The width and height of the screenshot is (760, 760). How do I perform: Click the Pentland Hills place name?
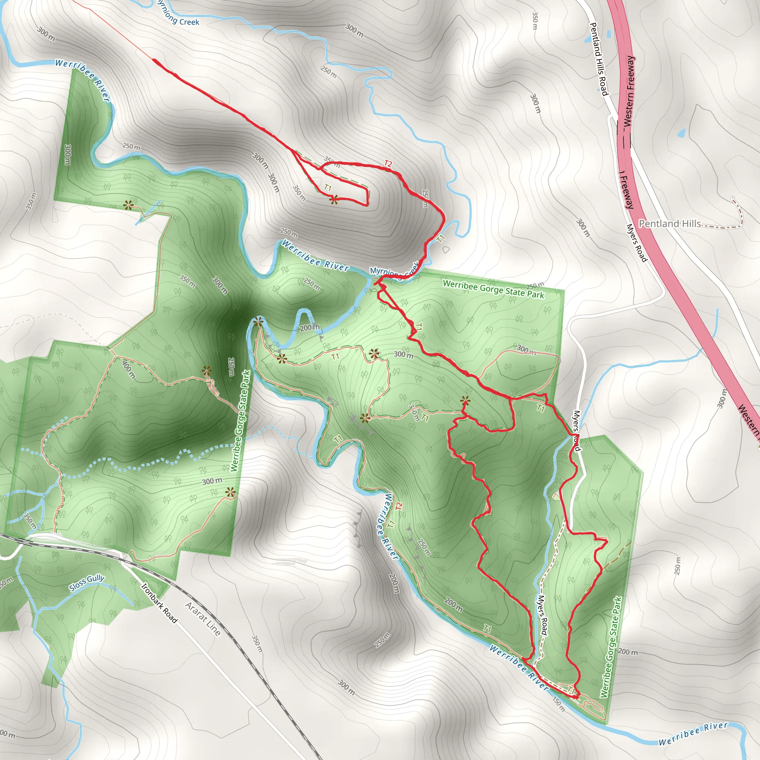click(669, 224)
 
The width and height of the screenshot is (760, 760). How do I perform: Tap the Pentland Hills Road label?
click(599, 59)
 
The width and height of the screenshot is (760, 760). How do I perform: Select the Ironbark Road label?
click(159, 603)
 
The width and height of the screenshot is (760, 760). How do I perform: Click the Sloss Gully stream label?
click(87, 583)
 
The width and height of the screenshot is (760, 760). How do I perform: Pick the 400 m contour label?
click(129, 370)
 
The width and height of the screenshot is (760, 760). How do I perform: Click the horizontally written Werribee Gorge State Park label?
click(493, 289)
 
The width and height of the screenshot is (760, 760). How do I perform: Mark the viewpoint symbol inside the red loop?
click(334, 200)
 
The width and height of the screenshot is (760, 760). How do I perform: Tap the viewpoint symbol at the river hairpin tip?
click(258, 323)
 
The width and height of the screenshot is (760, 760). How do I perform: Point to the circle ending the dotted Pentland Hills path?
click(733, 198)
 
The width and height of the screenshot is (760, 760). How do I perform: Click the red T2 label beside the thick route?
click(388, 164)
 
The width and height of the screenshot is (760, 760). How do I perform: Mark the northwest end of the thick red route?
click(153, 60)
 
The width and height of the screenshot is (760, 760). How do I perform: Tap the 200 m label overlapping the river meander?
click(310, 327)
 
